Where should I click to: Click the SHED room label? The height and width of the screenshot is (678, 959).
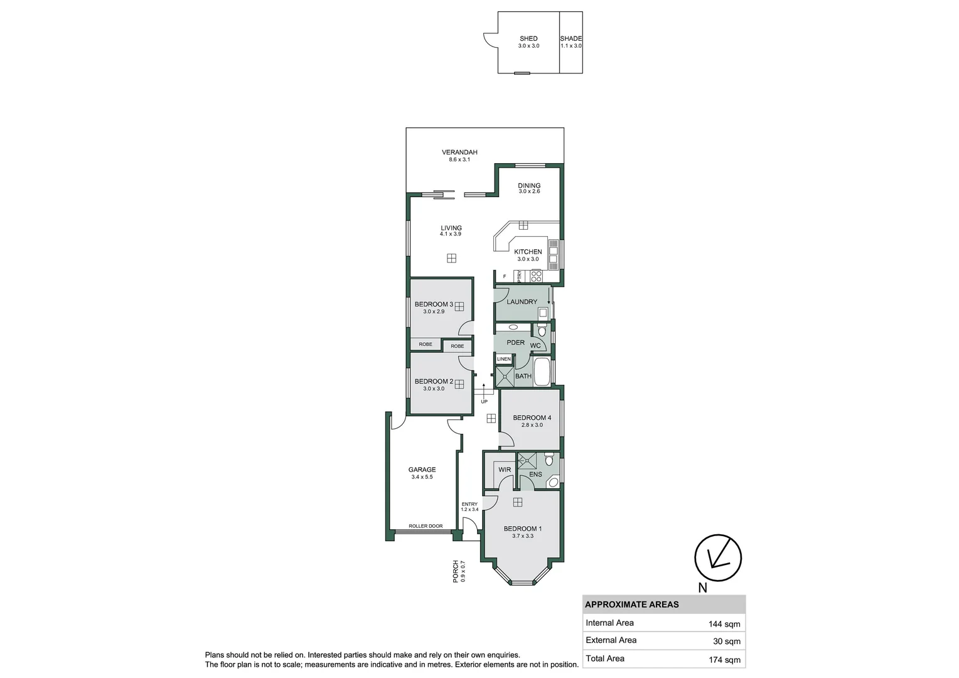[x=528, y=39]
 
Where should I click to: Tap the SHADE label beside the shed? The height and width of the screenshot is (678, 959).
[x=571, y=39]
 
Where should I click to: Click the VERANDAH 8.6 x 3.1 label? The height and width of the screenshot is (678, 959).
[x=459, y=153]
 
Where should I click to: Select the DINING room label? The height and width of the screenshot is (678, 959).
[x=529, y=186]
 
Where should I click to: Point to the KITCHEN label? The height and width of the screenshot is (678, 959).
[x=528, y=252]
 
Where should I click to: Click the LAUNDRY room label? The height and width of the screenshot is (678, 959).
[x=522, y=302]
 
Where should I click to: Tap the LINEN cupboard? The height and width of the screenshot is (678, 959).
[x=504, y=359]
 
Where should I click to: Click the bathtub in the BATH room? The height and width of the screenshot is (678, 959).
[x=542, y=372]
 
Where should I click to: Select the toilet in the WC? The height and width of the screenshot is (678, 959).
[x=542, y=330]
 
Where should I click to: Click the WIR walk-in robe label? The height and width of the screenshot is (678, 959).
[x=505, y=470]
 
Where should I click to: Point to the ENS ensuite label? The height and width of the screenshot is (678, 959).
[x=535, y=475]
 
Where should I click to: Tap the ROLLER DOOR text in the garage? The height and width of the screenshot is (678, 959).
[x=426, y=526]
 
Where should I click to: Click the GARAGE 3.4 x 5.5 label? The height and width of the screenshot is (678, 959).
[x=422, y=470]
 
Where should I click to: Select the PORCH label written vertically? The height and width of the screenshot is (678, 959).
[x=456, y=571]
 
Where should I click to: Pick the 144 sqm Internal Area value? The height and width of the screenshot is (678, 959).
[x=724, y=624]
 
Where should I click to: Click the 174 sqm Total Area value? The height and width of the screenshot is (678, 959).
[x=724, y=659]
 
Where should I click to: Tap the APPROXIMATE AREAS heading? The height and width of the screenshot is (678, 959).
[x=631, y=605]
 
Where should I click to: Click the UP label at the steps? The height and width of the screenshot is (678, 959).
[x=484, y=402]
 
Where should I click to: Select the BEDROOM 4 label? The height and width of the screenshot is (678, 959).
[x=532, y=418]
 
